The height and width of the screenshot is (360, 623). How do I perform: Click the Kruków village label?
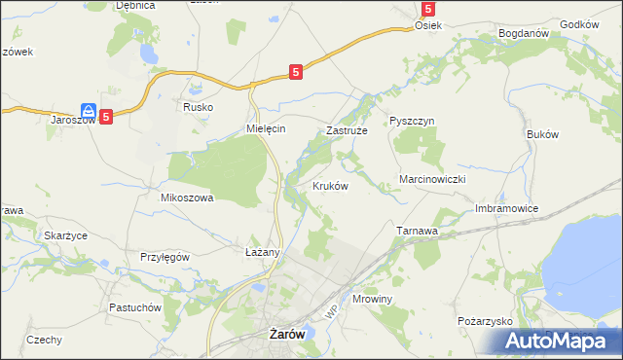coord(330,186)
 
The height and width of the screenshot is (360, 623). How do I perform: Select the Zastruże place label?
coord(346,129)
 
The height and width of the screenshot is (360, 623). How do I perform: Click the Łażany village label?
coord(262,252)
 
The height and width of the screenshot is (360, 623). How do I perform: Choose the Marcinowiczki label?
coord(435,181)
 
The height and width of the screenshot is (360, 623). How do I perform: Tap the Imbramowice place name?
coord(506,208)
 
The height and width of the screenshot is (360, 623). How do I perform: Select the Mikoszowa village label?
coord(186,197)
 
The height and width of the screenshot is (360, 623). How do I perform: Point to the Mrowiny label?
coord(372,300)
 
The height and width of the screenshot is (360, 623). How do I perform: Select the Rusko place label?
coord(198,107)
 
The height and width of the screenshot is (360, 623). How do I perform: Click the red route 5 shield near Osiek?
coord(427,9)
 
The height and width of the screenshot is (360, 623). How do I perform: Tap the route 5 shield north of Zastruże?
coord(296,71)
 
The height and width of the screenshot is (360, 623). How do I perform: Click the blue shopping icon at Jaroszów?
coord(88,112)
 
